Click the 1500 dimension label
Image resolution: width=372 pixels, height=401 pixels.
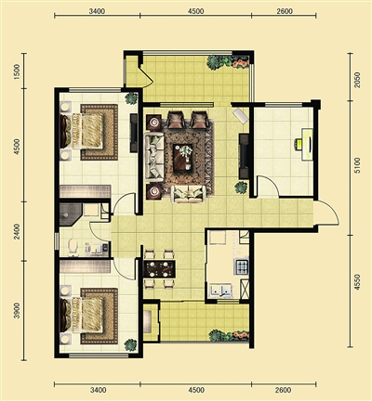[17, 71]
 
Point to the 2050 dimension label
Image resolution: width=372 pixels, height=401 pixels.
[357, 80]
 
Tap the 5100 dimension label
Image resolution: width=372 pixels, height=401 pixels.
[357, 165]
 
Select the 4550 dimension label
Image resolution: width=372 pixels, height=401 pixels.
[357, 282]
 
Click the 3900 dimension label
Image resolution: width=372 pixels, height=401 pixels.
[17, 310]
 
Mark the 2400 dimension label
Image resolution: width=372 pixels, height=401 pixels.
[17, 231]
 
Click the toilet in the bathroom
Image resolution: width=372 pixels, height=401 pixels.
[73, 247]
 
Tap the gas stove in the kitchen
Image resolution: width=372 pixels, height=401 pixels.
[243, 266]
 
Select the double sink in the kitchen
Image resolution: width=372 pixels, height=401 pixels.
[220, 291]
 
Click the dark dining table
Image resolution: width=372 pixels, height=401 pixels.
[160, 269]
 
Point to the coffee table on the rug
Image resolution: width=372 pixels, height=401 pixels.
[183, 158]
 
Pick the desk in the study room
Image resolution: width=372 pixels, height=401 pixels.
[307, 145]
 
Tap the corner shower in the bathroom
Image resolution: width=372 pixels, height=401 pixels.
[71, 214]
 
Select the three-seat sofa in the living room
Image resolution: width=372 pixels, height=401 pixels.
[154, 157]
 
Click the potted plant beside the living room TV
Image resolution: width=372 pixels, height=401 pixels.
[241, 188]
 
